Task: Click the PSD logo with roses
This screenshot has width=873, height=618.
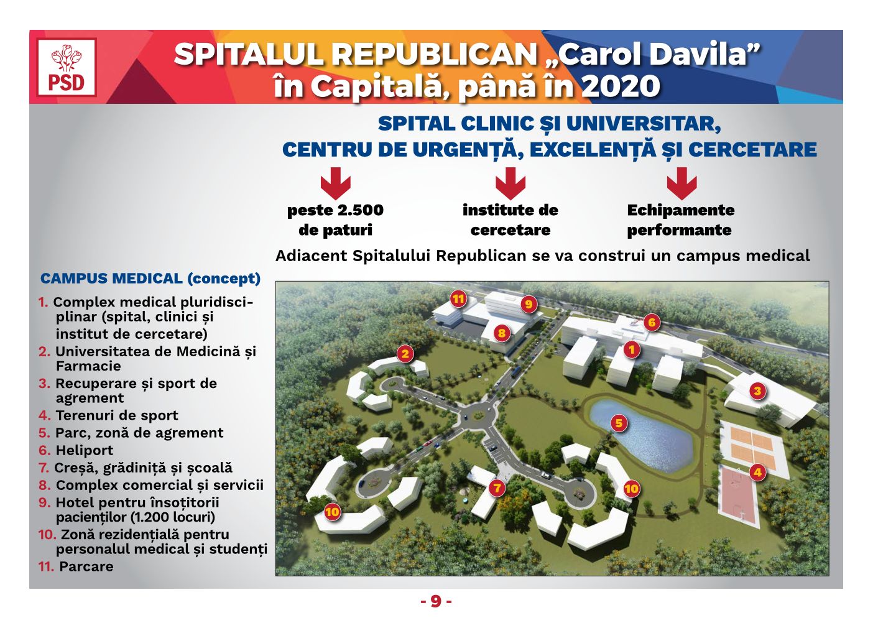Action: point(67,67)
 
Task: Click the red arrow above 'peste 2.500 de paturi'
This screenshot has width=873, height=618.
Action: point(336,183)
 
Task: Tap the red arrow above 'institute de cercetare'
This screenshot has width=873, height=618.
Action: point(510,183)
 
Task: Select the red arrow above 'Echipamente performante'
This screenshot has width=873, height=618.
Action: point(681,183)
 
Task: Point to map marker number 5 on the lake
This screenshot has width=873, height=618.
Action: point(619,423)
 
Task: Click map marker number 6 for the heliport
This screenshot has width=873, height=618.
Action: point(652,322)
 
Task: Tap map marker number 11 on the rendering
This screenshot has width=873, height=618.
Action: point(458,299)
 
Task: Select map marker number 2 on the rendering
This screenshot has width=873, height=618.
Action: point(405,354)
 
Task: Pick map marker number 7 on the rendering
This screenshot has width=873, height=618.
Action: point(497,488)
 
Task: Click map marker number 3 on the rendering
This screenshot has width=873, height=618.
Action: point(757,390)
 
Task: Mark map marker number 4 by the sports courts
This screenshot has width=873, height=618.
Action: point(757,473)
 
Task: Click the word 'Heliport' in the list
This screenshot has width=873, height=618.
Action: point(84,451)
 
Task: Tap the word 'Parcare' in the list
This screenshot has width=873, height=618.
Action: point(86,566)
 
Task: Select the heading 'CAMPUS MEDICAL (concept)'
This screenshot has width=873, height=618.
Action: point(150,279)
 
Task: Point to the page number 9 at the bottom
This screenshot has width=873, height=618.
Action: point(436,601)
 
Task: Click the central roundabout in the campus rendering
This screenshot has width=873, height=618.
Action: point(477,417)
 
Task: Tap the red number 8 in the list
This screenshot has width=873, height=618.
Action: point(44,485)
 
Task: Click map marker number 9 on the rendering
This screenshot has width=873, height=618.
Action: point(529,304)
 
